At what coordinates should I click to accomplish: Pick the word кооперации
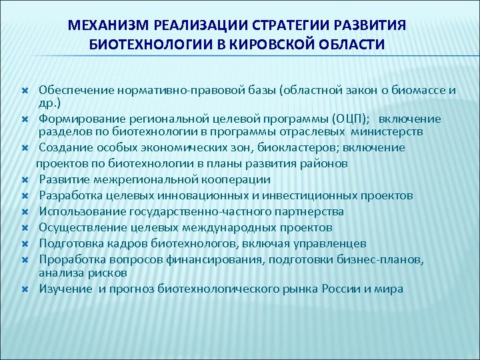point(236,179)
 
